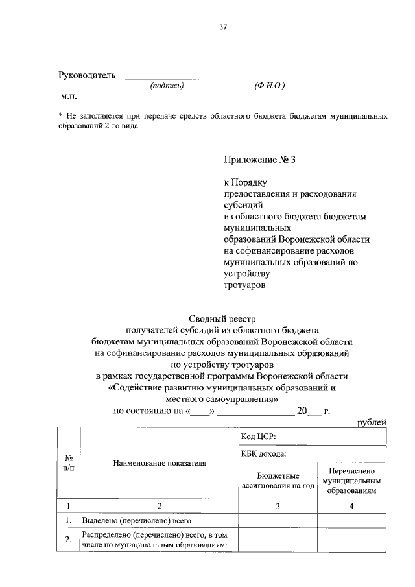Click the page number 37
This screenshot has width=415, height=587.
[x=222, y=27]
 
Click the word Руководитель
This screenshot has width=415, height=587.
[x=88, y=75]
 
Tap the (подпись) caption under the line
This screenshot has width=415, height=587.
[x=167, y=86]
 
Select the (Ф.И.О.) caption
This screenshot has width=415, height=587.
[x=270, y=86]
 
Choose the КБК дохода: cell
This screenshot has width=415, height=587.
[x=264, y=455]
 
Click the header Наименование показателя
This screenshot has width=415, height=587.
[x=159, y=463]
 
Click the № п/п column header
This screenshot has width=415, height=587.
[x=68, y=463]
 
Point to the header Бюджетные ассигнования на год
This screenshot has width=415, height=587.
[x=278, y=480]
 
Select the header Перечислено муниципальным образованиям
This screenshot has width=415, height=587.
[x=353, y=480]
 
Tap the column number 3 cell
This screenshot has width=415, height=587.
[x=278, y=506]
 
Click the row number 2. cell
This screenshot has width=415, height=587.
[x=68, y=539]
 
